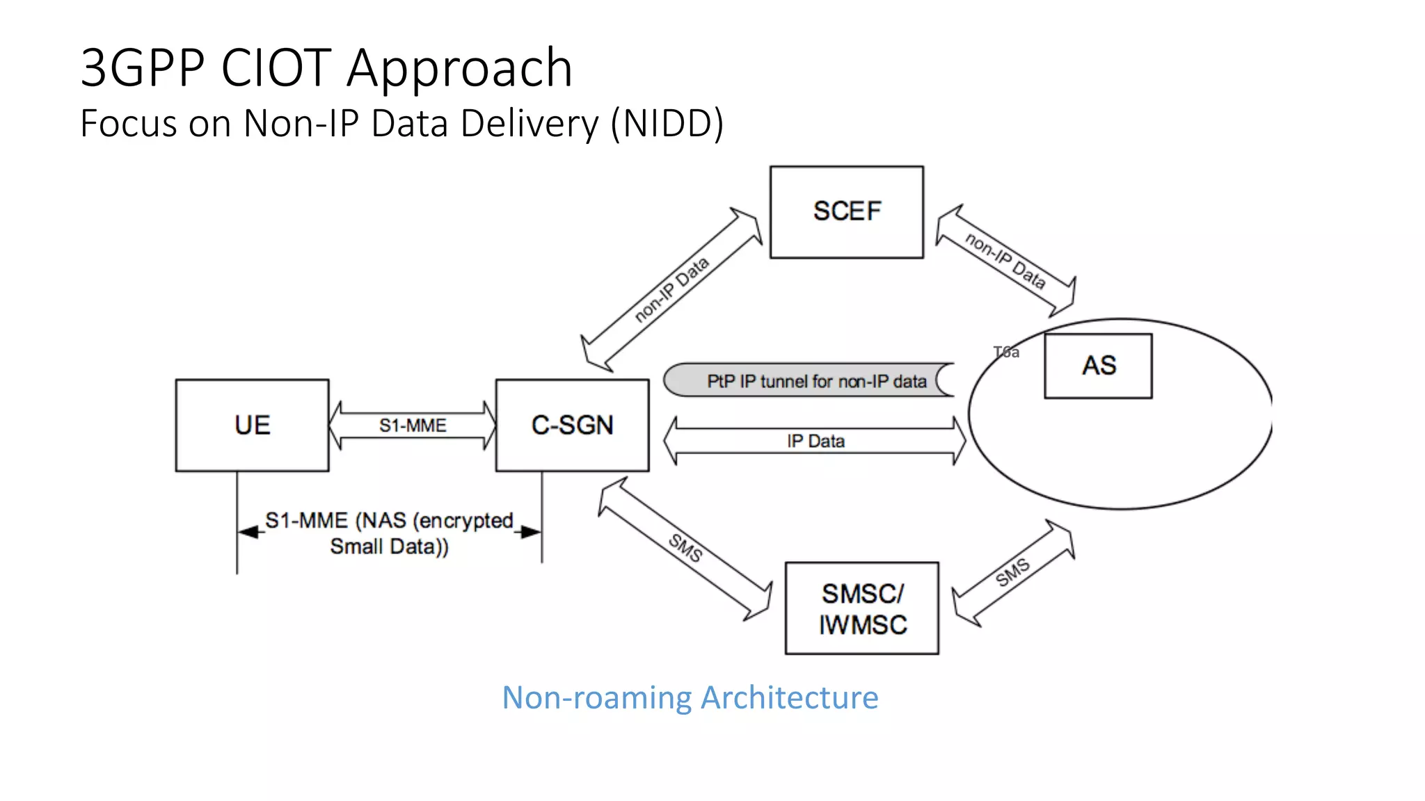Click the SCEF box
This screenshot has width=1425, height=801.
tap(846, 212)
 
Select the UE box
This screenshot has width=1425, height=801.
tap(252, 425)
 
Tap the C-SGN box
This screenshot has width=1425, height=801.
tap(572, 425)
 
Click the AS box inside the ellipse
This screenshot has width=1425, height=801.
tap(1098, 366)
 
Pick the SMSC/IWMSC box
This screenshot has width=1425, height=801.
tap(861, 608)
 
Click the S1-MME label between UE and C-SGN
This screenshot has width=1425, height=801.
tap(413, 426)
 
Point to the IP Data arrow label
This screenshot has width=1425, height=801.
tap(815, 442)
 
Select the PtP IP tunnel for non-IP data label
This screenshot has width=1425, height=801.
tap(816, 381)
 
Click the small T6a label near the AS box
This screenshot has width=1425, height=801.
tap(1006, 353)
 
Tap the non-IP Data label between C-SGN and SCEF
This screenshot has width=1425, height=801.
tap(671, 289)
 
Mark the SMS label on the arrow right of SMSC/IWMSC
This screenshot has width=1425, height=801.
tap(1012, 572)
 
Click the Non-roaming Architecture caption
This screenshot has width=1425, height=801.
tap(690, 697)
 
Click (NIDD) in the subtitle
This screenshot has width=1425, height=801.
tap(667, 124)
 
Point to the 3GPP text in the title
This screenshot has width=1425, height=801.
tap(143, 67)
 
